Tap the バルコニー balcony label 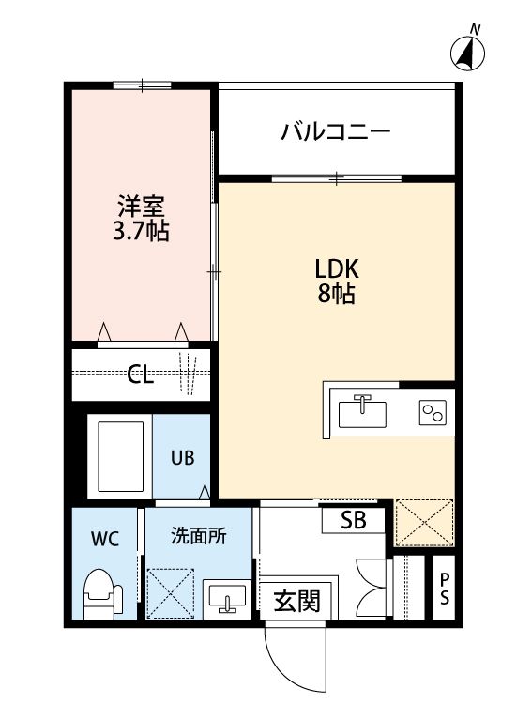click(x=335, y=131)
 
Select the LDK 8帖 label click(x=336, y=281)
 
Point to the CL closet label click(x=141, y=376)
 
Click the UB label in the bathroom click(x=182, y=458)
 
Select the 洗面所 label click(x=198, y=538)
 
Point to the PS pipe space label click(x=444, y=589)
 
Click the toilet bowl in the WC click(x=101, y=593)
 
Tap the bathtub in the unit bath click(x=120, y=459)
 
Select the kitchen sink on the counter click(x=362, y=410)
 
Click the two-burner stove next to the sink click(x=433, y=411)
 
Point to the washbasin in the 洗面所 click(x=225, y=597)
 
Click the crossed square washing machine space click(x=171, y=591)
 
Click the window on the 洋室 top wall click(x=142, y=85)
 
